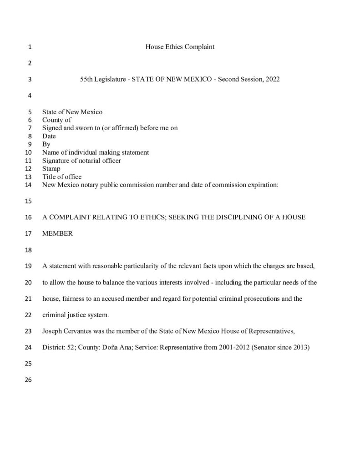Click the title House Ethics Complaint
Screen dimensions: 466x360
point(180,47)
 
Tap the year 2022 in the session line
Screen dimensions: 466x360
point(271,79)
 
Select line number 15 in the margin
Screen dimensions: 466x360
point(30,201)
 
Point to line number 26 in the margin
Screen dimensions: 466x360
point(30,380)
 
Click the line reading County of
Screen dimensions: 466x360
point(57,120)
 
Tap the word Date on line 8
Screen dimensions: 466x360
point(49,136)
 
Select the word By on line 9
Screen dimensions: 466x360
point(46,144)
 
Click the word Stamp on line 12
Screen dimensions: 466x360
point(51,168)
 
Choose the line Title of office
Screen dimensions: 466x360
point(62,177)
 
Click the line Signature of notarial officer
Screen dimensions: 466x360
point(81,160)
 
